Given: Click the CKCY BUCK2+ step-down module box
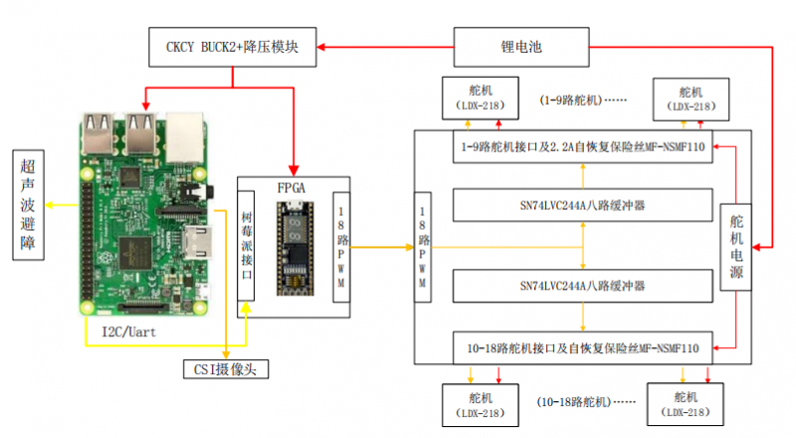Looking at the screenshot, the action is click(233, 47).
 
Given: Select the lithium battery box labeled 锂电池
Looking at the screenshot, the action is click(521, 47).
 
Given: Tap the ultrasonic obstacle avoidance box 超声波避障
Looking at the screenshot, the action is click(29, 205).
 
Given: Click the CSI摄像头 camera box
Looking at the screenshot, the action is click(226, 369).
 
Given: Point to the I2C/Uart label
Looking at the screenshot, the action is click(129, 332).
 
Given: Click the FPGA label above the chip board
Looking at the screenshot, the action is click(292, 188).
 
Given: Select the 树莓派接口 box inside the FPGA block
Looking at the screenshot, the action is click(246, 246).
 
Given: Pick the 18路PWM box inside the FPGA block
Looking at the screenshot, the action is click(341, 248).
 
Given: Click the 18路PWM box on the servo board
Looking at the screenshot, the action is click(422, 248).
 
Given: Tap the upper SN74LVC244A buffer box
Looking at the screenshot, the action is click(583, 205).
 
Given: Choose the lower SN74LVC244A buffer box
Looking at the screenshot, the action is click(583, 286).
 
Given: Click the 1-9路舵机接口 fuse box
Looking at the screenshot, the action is click(583, 147).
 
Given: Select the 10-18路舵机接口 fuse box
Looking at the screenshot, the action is click(583, 348).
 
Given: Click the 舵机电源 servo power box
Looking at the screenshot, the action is click(736, 247).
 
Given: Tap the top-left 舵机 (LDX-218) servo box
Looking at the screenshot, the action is click(481, 99).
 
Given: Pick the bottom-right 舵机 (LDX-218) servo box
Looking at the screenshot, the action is click(686, 404).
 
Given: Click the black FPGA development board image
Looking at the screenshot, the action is click(295, 249).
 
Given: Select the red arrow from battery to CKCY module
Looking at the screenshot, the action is click(385, 47).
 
